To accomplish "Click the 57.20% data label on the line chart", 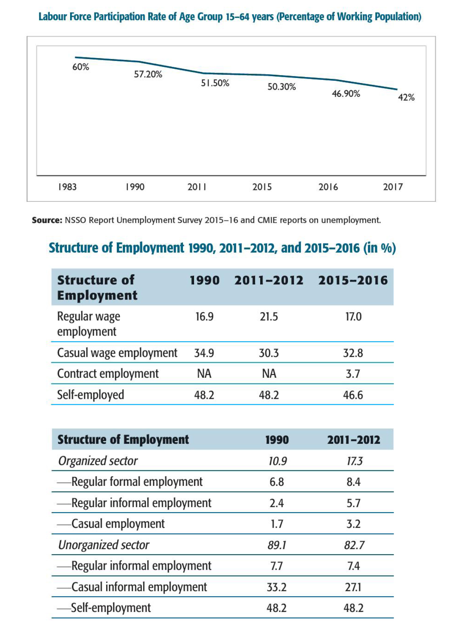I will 148,74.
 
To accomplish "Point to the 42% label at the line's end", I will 406,97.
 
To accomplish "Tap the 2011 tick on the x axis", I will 197,187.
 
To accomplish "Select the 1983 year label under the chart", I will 67,187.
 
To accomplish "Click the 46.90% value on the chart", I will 346,94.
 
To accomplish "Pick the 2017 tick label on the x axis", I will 393,187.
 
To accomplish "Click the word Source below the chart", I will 47,220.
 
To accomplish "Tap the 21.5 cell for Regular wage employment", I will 269,317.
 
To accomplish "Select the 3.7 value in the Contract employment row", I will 353,374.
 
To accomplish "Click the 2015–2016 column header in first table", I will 353,280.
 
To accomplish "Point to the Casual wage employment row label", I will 117,353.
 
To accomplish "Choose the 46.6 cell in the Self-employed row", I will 353,395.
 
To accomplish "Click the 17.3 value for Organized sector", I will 354,461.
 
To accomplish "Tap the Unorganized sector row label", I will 104,545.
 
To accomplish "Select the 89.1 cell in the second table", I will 277,545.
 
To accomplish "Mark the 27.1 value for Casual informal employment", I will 353,587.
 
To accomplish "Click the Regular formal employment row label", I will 137,482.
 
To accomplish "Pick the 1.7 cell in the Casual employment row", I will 277,524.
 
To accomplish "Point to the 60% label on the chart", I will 81,67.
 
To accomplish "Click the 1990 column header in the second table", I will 277,440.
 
